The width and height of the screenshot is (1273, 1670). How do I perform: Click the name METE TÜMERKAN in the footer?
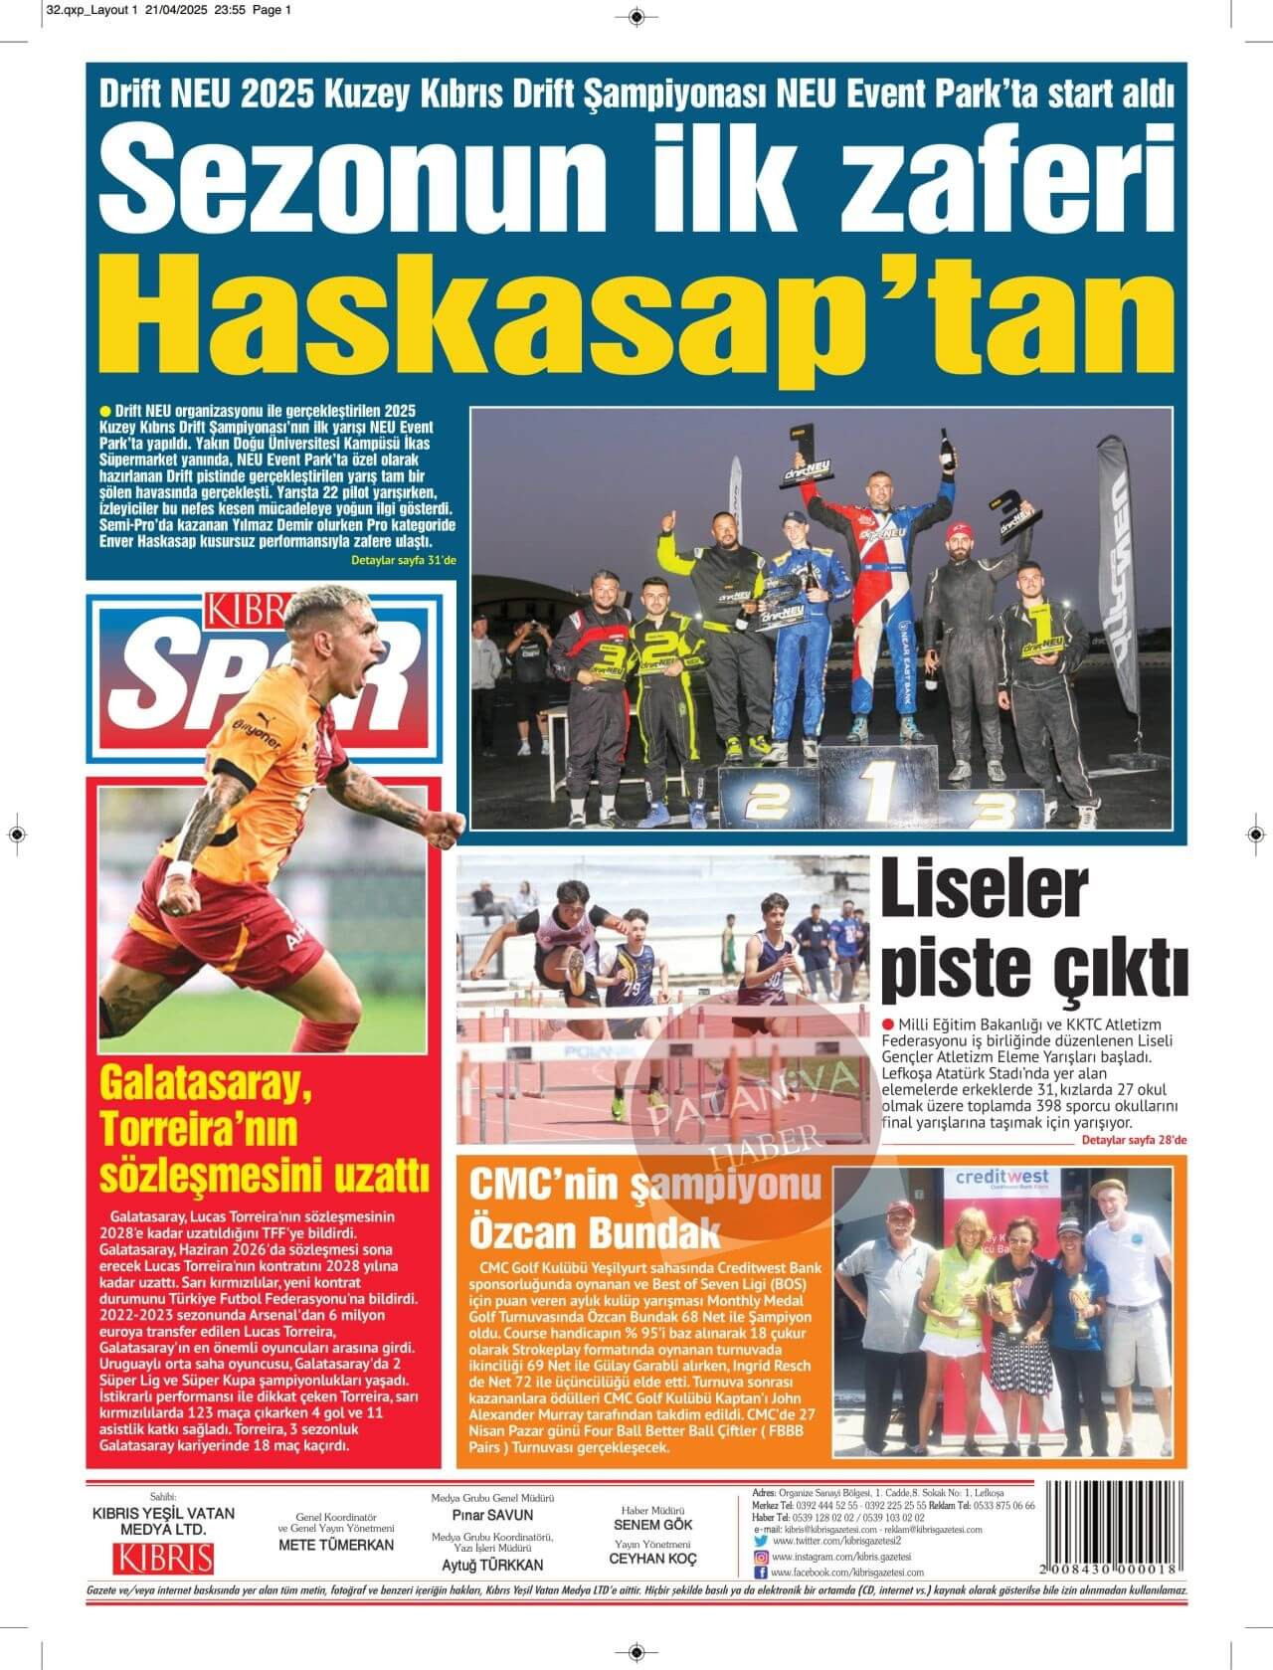point(336,1545)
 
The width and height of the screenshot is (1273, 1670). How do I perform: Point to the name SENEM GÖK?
point(653,1525)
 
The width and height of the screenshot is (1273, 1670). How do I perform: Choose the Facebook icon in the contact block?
point(761,1573)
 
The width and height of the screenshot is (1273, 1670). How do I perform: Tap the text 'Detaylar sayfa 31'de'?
point(403,561)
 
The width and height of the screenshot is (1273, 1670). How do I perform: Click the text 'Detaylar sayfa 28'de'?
point(1134,1140)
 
